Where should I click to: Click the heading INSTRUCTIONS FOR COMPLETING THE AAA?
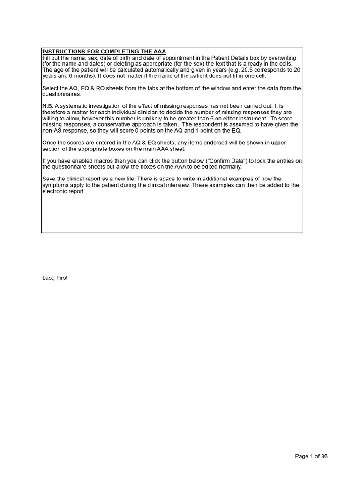(x=104, y=52)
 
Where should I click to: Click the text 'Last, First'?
(x=55, y=278)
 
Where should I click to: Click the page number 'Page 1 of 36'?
(x=311, y=457)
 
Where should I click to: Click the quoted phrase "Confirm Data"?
(x=243, y=161)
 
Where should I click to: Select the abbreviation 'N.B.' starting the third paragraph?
(x=48, y=106)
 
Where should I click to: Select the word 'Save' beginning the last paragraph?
(x=49, y=179)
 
